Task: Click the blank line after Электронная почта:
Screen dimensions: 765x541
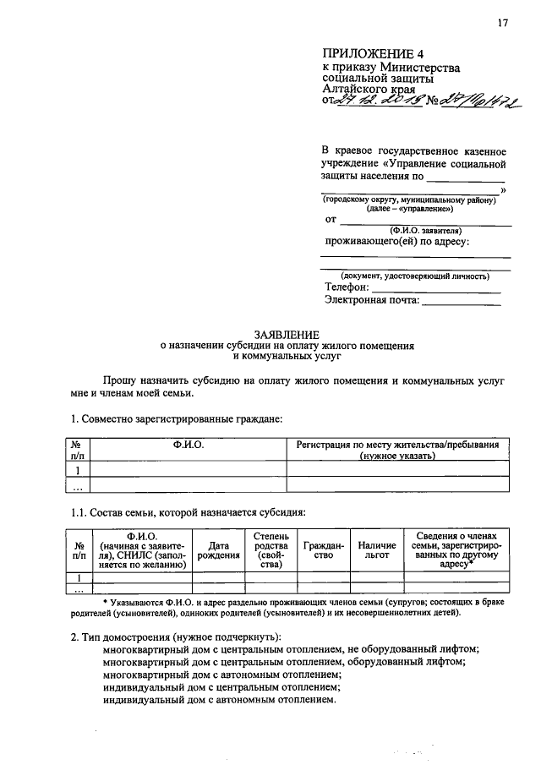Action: coord(461,303)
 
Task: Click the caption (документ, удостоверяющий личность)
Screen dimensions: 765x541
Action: coord(414,276)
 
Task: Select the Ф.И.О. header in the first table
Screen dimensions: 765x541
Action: coord(189,445)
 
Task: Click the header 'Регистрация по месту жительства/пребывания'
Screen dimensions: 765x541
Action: coord(397,445)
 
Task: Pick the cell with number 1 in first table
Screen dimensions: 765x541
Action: coord(78,470)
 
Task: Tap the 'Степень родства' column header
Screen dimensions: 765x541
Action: coord(270,551)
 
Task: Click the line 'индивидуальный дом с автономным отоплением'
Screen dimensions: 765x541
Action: coord(219,701)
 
